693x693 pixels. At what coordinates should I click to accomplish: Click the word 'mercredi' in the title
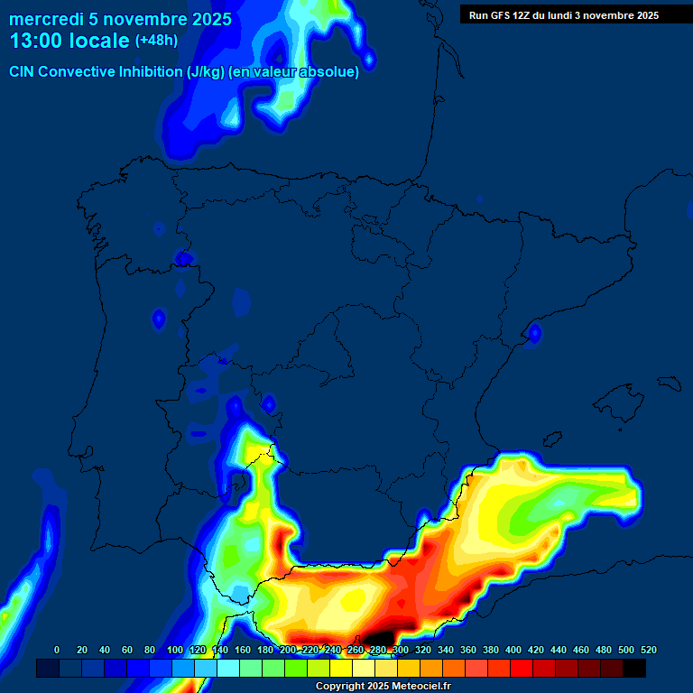pos(46,19)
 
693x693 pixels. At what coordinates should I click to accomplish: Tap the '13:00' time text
pos(37,42)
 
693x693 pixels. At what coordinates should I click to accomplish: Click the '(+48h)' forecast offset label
pos(156,41)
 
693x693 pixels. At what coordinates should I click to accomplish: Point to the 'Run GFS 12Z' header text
pos(506,15)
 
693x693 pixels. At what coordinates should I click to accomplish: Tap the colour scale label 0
pos(57,650)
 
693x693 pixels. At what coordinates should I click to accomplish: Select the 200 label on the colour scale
pos(288,650)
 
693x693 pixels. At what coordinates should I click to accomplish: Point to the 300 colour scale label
pos(401,650)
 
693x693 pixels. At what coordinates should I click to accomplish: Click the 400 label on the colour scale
pos(513,650)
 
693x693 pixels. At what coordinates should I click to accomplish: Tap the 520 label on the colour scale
pos(649,650)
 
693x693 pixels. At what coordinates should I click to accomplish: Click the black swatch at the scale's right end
pos(634,669)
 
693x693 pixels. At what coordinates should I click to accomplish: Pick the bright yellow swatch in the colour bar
pos(341,669)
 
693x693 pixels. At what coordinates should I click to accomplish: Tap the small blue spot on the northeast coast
pos(534,334)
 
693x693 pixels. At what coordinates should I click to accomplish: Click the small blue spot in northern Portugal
pos(159,319)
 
